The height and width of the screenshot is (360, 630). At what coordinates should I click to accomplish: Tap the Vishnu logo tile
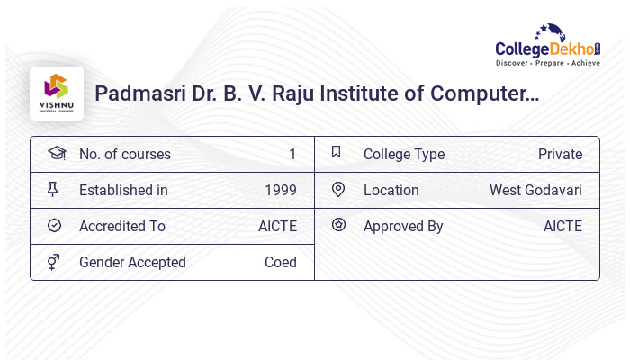point(57,94)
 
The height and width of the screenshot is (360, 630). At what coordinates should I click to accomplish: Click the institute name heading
point(317,93)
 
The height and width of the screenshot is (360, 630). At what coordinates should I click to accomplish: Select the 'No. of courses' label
point(124,154)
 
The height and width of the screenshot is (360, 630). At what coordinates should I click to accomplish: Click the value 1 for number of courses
point(292,154)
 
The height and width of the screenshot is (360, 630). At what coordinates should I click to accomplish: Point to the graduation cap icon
point(55,153)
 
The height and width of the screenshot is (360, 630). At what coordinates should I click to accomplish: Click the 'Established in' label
point(123,190)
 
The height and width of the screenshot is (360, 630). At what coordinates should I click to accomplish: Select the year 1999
point(280,190)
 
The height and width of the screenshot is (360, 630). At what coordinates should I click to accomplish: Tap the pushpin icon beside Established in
point(53,189)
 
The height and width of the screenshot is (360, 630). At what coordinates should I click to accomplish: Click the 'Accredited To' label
point(122,226)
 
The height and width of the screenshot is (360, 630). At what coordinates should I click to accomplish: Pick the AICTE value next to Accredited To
point(277,226)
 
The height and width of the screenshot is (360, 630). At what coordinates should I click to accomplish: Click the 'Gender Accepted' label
point(132,262)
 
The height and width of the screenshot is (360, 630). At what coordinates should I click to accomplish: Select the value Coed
point(280,262)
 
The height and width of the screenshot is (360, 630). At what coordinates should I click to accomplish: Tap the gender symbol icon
point(54,262)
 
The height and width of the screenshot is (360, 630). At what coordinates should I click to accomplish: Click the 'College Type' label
point(403,154)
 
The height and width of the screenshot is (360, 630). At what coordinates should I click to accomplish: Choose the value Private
point(560,154)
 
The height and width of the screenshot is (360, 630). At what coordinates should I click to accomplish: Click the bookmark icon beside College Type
point(336,152)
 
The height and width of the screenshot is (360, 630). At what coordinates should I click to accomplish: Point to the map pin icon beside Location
point(338,189)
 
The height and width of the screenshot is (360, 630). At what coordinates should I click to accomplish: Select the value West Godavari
point(535,190)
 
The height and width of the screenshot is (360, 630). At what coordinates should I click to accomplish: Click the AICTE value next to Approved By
point(562,226)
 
